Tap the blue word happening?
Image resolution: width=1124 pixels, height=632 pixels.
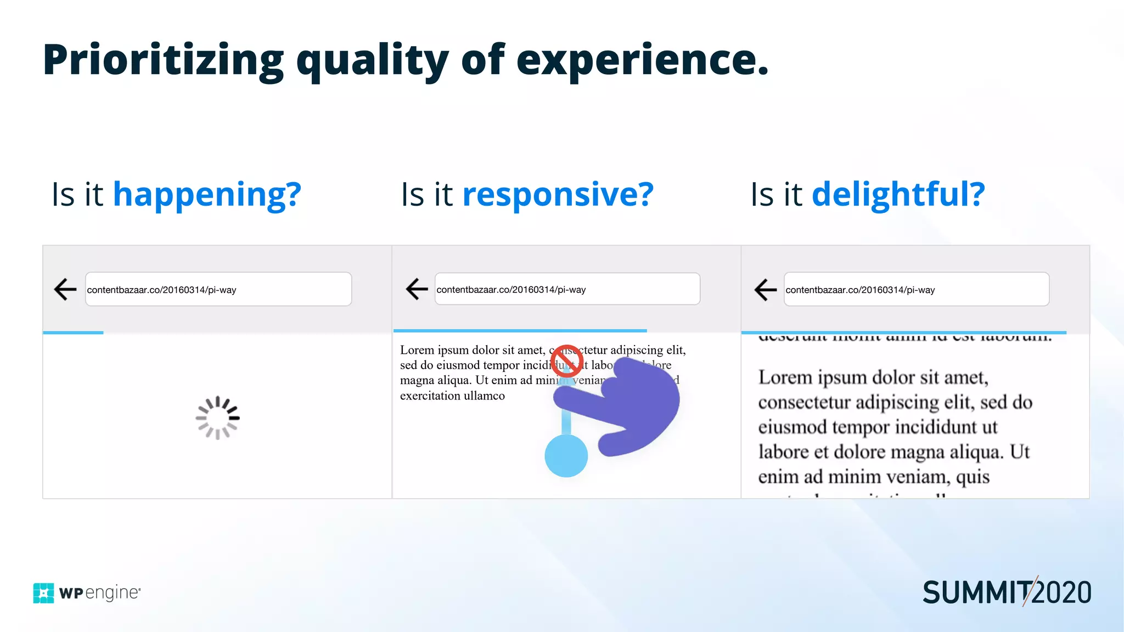tap(207, 194)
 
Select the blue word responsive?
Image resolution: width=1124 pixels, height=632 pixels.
tap(558, 194)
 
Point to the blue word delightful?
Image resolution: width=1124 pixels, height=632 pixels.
tap(898, 194)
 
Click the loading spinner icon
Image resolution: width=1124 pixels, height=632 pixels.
tap(218, 418)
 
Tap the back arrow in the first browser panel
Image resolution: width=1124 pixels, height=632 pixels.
tap(65, 289)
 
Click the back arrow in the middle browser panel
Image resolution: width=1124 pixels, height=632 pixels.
tap(417, 289)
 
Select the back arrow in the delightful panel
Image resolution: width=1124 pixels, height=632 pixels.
tap(766, 289)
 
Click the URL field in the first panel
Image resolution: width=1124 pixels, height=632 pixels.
tap(218, 289)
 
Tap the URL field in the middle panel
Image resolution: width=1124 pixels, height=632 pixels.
tap(567, 289)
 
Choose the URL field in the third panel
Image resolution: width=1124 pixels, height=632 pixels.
tap(917, 289)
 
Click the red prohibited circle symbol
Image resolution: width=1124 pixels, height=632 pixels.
tap(566, 361)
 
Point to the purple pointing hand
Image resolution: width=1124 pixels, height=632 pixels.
tap(637, 406)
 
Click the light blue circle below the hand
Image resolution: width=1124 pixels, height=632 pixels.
tap(566, 456)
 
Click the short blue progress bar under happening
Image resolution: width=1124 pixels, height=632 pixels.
tap(73, 332)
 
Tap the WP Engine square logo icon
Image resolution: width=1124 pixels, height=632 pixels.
tap(43, 593)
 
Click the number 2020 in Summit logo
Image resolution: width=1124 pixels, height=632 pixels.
tap(1061, 593)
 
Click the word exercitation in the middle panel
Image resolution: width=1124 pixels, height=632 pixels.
tap(430, 396)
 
